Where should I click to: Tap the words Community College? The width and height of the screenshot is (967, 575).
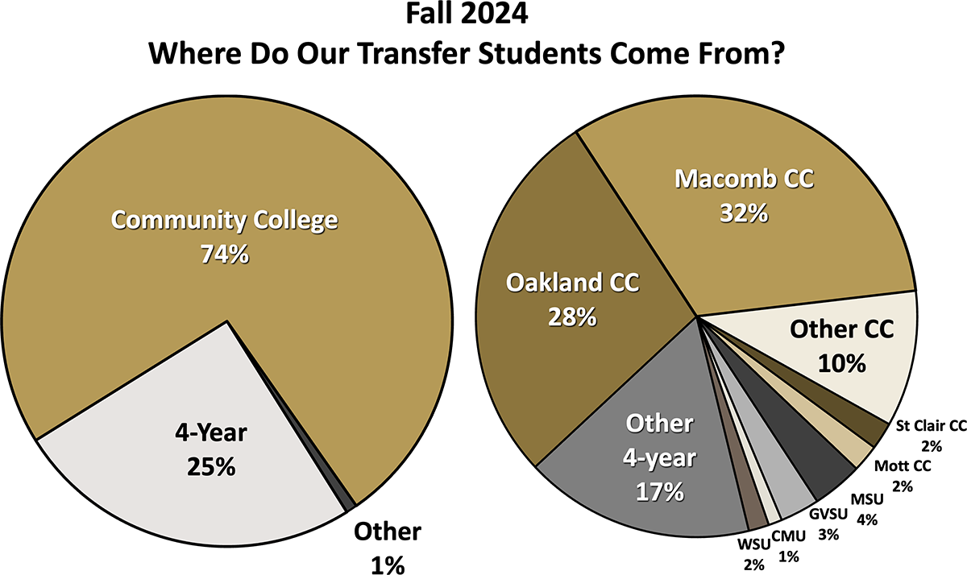click(x=224, y=220)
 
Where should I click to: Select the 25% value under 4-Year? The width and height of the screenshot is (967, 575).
click(x=211, y=466)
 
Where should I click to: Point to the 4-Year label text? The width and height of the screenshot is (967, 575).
click(x=211, y=434)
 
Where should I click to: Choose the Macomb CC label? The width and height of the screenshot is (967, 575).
click(x=744, y=179)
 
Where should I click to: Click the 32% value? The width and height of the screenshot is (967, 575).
click(x=744, y=213)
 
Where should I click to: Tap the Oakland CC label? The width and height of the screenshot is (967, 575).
click(x=572, y=283)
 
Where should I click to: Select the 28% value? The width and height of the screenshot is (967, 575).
click(x=572, y=317)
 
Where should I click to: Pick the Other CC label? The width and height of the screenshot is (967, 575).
click(x=841, y=329)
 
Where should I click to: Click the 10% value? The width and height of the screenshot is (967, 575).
click(x=841, y=363)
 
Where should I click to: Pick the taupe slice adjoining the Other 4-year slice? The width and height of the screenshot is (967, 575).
click(x=757, y=516)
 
